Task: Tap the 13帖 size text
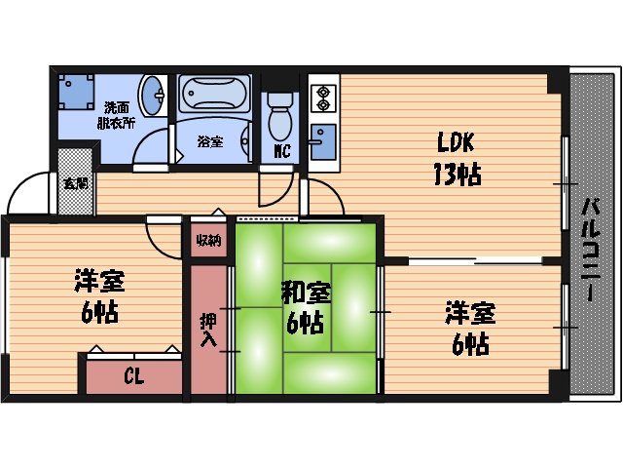pos(454,175)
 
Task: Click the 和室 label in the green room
pos(306,291)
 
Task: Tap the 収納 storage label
pos(207,240)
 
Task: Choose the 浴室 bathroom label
pos(210,141)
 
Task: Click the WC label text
pos(281,150)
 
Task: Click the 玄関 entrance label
pos(75,182)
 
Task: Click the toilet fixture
pos(279,118)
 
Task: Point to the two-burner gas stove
pos(321,98)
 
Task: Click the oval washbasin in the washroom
pos(153,98)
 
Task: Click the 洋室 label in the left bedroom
pos(100,282)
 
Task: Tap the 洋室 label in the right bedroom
pos(470,313)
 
